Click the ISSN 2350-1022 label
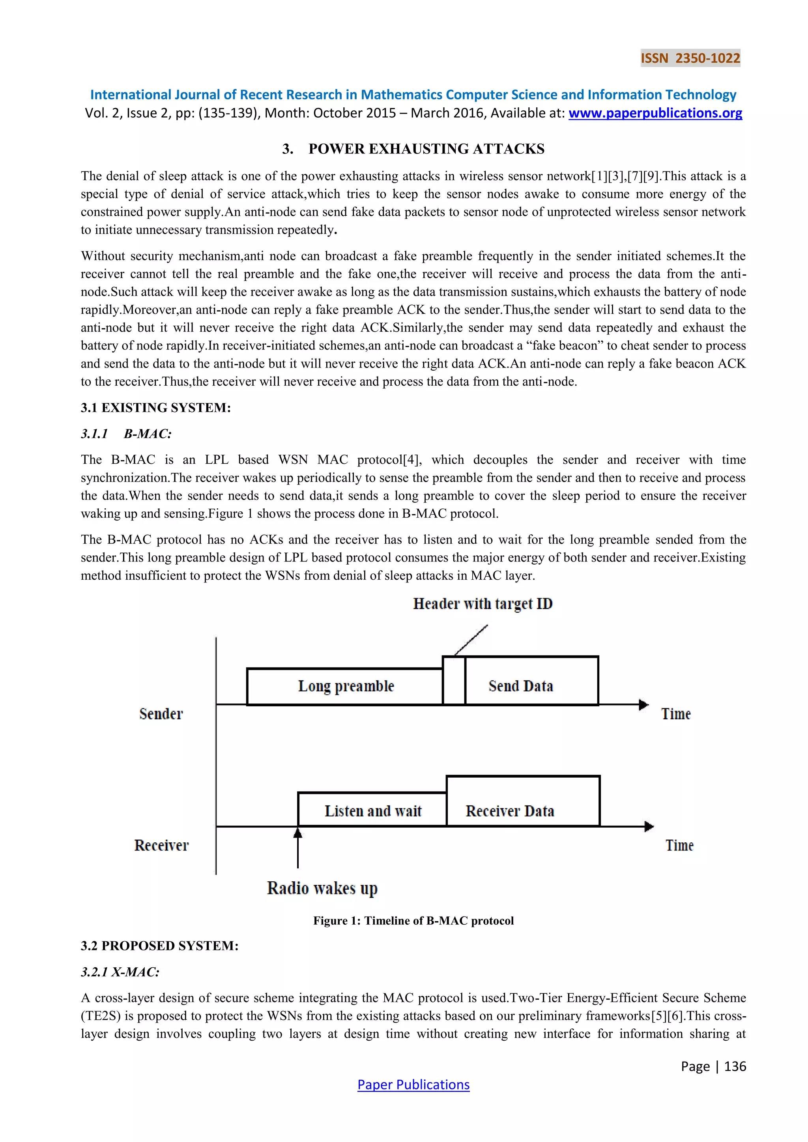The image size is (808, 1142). click(x=690, y=58)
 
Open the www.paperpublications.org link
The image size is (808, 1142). click(x=655, y=114)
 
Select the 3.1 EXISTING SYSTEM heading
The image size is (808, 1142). click(x=156, y=408)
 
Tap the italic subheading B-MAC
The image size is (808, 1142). click(x=147, y=434)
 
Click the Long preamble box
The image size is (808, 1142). click(x=345, y=687)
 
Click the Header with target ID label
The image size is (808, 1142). click(x=483, y=604)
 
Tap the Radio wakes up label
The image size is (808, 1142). click(x=322, y=888)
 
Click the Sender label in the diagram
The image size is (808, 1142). click(x=161, y=714)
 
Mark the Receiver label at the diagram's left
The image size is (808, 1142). click(x=161, y=845)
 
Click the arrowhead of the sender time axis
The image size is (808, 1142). click(x=644, y=705)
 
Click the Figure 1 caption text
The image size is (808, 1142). click(x=413, y=921)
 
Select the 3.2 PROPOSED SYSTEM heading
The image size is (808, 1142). click(x=160, y=946)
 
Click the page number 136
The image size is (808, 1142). click(x=735, y=1066)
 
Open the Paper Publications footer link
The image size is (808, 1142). click(x=413, y=1085)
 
